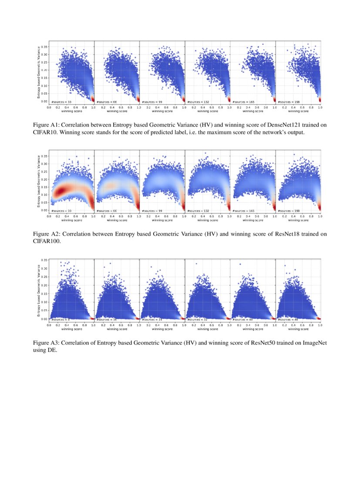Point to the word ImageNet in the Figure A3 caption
coord(312,343)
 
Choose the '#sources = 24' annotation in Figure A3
coord(152,319)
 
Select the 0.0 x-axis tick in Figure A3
coord(49,325)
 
